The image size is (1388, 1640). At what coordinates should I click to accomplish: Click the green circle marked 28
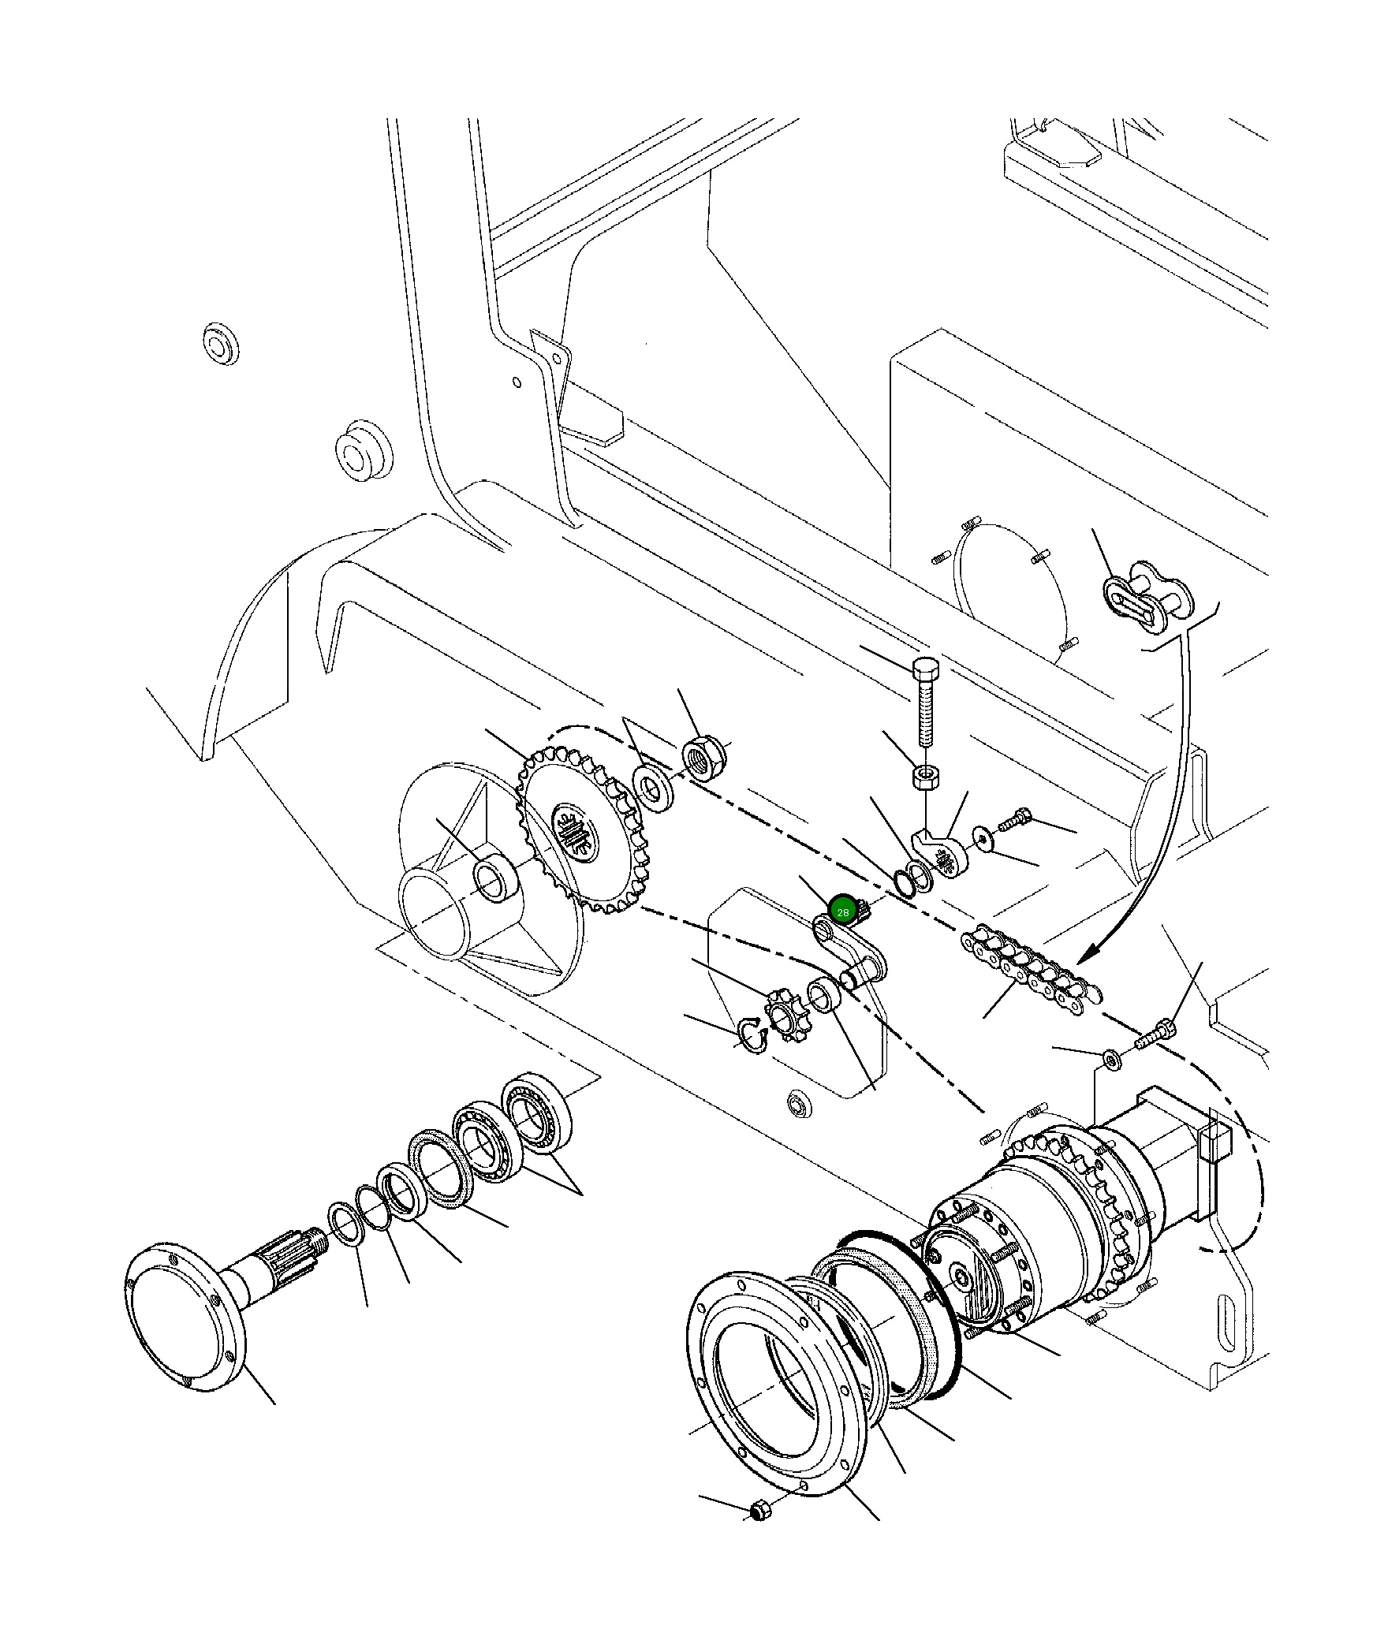coord(843,912)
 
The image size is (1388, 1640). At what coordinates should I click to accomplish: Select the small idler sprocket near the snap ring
coord(782,1019)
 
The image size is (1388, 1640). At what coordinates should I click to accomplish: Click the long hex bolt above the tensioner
coord(925,704)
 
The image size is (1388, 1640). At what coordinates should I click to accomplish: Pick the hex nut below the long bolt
coord(925,777)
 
